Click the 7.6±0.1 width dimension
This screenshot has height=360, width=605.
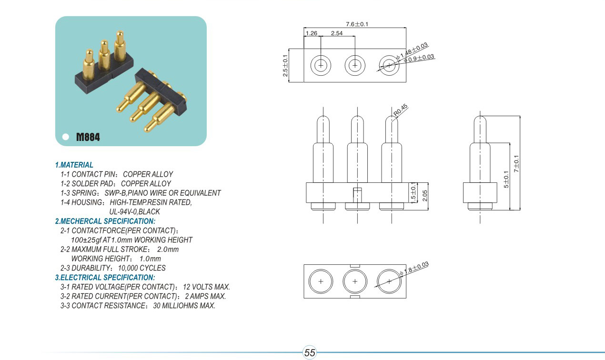[x=357, y=24]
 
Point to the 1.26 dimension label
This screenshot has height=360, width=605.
[x=312, y=33]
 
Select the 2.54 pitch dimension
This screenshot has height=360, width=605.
[x=336, y=33]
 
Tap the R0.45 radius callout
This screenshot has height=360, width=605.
[x=401, y=110]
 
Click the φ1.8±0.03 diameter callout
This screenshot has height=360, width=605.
[x=416, y=269]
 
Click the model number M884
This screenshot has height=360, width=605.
[x=88, y=137]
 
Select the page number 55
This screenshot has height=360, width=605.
[x=310, y=353]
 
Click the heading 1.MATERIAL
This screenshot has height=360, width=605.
[x=74, y=165]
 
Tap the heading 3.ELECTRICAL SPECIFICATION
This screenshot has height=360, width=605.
[x=105, y=278]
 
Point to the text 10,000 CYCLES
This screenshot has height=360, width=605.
[x=142, y=268]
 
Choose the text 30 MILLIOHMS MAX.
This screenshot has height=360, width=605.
[x=184, y=306]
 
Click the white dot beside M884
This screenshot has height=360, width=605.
[x=66, y=137]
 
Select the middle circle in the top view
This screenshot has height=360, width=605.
[x=355, y=65]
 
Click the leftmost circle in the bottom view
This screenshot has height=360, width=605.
[x=321, y=281]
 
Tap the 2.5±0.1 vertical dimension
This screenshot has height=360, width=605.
[x=285, y=66]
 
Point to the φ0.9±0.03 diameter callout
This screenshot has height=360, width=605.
[x=420, y=58]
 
